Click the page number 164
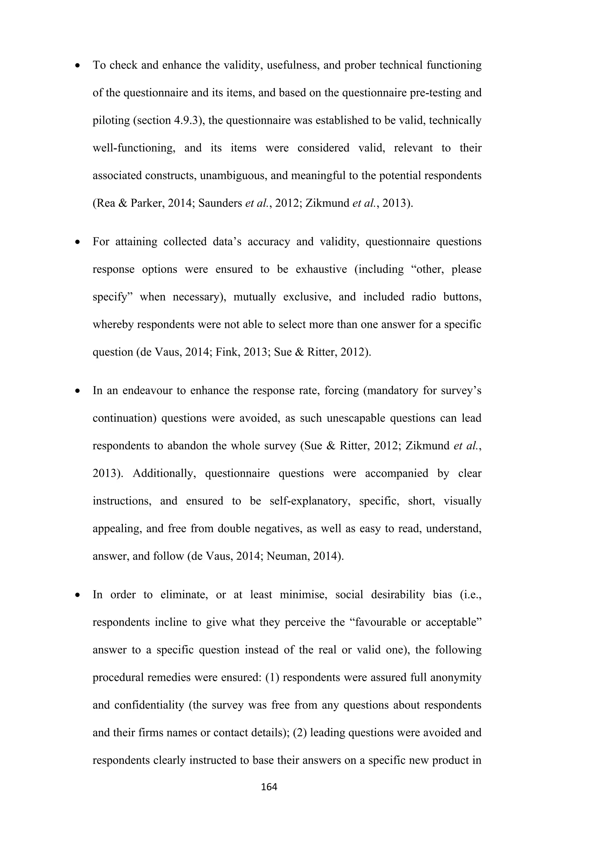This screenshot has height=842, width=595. coord(269,787)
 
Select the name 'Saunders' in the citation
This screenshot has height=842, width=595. coord(220,203)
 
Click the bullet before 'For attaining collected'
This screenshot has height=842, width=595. coord(77,242)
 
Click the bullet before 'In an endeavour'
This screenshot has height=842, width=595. coord(77,391)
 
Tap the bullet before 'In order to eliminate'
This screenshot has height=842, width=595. coord(77,595)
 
